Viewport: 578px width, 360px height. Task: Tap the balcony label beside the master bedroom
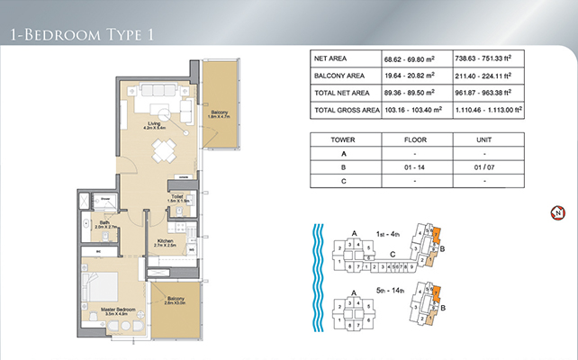click(174, 301)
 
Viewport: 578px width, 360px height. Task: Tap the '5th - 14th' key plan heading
click(389, 291)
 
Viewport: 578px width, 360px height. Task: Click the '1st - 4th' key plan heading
click(389, 234)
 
